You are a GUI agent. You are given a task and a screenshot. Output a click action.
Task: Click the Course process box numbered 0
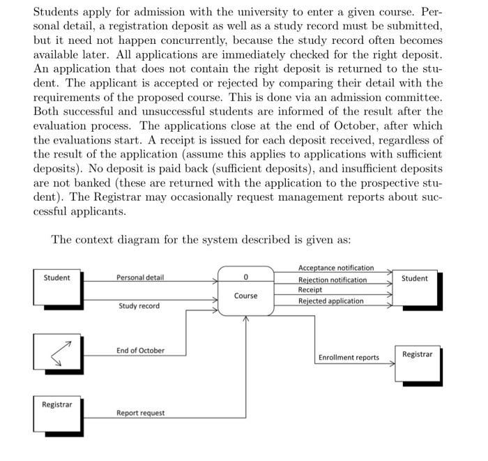pos(245,290)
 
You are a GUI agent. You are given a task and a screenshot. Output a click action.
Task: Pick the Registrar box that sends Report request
pos(57,413)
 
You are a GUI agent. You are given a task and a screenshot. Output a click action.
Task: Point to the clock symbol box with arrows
pos(57,352)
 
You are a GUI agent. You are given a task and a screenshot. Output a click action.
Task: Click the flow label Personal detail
pos(139,278)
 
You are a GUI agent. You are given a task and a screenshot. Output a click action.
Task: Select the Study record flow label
pos(139,306)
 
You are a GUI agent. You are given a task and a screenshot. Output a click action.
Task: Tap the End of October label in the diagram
pos(140,350)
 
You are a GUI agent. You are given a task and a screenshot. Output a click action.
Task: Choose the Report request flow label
pos(140,413)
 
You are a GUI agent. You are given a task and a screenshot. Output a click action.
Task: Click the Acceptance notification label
pos(335,268)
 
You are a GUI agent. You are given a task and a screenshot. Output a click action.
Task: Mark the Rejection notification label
pos(332,280)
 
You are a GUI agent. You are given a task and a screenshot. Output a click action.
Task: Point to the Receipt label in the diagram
pos(310,289)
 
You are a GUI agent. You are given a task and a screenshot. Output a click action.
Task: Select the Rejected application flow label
pos(330,301)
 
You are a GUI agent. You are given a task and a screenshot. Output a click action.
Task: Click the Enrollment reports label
pos(349,358)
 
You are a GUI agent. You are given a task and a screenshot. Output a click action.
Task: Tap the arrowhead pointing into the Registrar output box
pos(391,363)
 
